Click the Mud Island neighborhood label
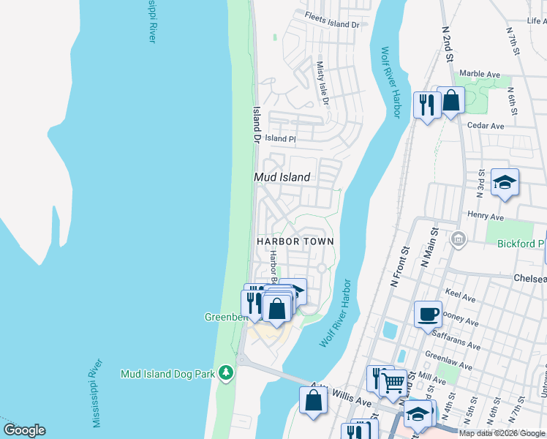(x=282, y=177)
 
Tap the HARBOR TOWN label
(x=295, y=241)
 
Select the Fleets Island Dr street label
(x=333, y=24)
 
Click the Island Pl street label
(x=280, y=138)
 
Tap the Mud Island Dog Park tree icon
(x=227, y=374)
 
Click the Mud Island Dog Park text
(x=167, y=374)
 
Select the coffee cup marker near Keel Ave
(x=428, y=315)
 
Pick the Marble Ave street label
(x=479, y=75)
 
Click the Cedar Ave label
(x=486, y=126)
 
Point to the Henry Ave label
(x=486, y=217)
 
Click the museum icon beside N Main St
(x=459, y=238)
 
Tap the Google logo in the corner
(x=24, y=430)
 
